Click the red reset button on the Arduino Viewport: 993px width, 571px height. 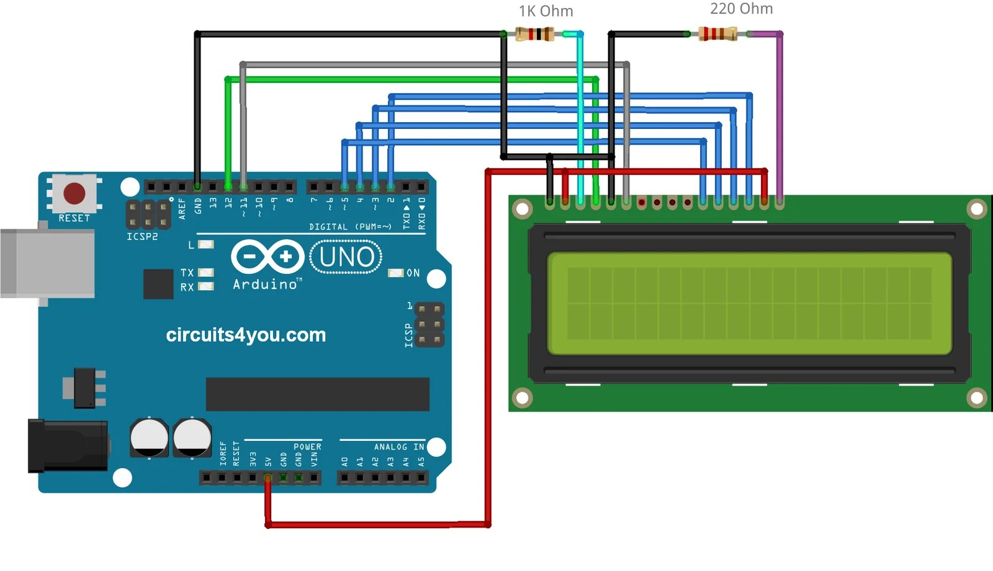(74, 193)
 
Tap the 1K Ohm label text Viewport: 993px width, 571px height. (546, 11)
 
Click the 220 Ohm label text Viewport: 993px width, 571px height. (741, 9)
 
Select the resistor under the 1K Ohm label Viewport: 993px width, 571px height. (534, 34)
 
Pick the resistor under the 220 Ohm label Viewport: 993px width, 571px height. (717, 33)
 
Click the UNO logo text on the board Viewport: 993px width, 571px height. (346, 257)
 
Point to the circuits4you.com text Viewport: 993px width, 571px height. (246, 335)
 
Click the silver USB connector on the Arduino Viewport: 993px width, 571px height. (47, 263)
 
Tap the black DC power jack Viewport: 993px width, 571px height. (67, 446)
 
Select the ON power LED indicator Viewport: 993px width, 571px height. (395, 273)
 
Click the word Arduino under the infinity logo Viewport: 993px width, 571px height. (266, 285)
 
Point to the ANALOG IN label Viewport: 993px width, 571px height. (398, 446)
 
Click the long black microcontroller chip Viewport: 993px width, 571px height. (317, 394)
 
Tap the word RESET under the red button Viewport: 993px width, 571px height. (74, 218)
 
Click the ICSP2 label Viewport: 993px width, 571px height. (142, 237)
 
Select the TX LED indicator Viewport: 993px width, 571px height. (205, 272)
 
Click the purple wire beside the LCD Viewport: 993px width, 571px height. (780, 112)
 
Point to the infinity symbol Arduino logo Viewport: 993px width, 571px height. (267, 257)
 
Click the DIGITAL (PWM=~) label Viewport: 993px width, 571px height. (350, 227)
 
